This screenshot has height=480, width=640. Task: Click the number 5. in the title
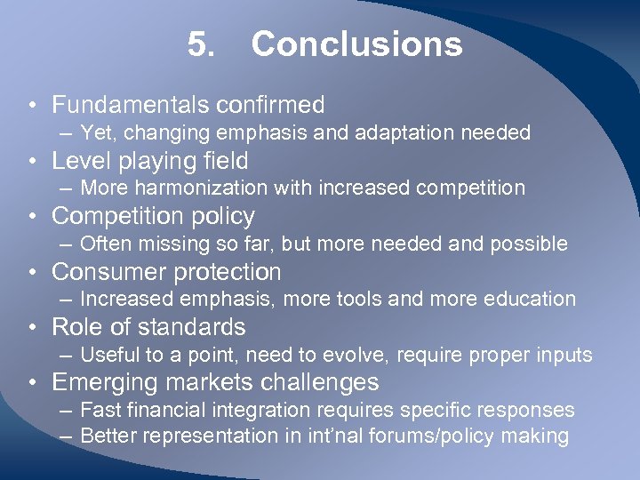(x=201, y=44)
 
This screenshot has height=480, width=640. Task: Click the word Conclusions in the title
(x=356, y=44)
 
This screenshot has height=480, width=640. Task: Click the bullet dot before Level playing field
(x=30, y=161)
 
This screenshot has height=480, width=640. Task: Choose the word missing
(x=175, y=244)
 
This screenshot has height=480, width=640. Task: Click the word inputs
(x=564, y=355)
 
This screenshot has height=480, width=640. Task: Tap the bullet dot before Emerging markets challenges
(x=30, y=382)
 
